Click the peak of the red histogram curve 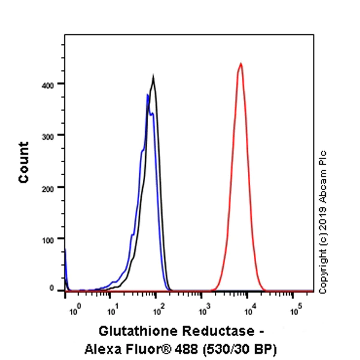pyautogui.click(x=241, y=63)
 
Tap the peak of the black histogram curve pyautogui.click(x=154, y=76)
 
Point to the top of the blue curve pyautogui.click(x=148, y=94)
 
